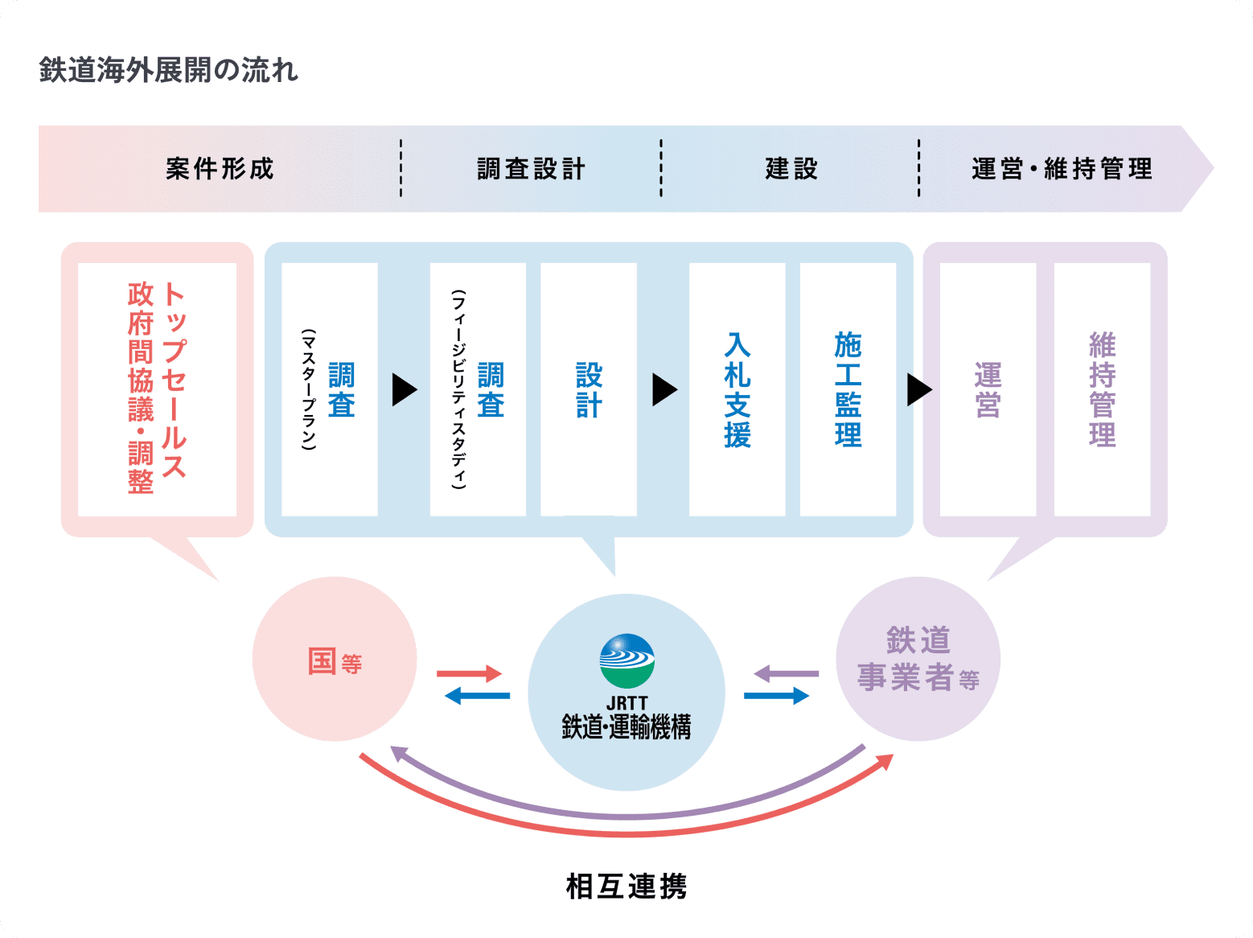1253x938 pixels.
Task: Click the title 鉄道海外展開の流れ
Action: pos(169,71)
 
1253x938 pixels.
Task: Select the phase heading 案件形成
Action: pos(220,169)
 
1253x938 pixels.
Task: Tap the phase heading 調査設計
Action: pos(531,169)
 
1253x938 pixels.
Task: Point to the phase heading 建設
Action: pos(791,169)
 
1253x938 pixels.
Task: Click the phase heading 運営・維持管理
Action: pos(1062,169)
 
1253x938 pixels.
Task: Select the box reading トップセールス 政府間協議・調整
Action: pos(157,389)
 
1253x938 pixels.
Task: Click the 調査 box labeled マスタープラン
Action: pos(330,389)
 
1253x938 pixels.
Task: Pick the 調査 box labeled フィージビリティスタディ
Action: pos(478,389)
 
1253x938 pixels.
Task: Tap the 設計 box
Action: pos(589,389)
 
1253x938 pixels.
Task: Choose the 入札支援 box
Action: pos(737,389)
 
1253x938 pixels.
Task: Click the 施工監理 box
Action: pos(848,389)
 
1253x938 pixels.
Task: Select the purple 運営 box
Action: pos(988,389)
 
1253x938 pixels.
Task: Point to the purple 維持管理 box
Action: pos(1102,389)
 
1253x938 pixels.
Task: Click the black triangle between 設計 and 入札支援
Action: pos(663,389)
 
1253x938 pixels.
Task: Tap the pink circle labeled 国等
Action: pos(335,660)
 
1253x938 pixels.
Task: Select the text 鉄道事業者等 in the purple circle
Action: pos(918,660)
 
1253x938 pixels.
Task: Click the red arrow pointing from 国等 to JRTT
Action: pos(469,673)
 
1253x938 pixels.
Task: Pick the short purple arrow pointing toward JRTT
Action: pos(786,673)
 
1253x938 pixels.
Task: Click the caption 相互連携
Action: pos(626,886)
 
